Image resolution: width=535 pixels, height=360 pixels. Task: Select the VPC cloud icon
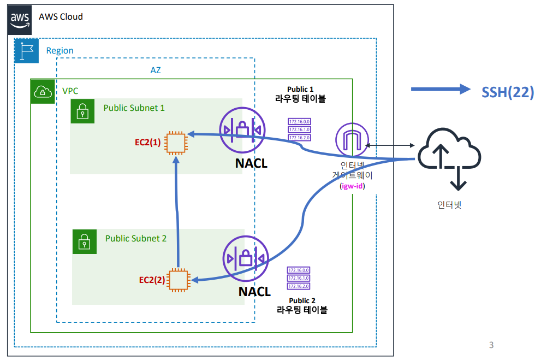tap(42, 91)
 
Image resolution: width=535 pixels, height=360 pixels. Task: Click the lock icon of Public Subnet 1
tap(82, 111)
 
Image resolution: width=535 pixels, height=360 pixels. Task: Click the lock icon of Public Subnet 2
tap(84, 241)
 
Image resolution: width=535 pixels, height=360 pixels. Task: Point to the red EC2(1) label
tap(148, 143)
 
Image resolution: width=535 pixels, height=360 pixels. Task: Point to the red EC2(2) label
tap(152, 280)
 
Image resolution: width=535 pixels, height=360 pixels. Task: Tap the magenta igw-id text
tap(352, 186)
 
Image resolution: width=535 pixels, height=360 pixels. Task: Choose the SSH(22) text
tap(507, 92)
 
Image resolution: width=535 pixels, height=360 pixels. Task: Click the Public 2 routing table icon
tap(299, 278)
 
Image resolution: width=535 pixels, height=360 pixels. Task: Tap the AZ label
tap(156, 70)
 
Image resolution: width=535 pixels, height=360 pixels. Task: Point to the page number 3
tap(491, 345)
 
